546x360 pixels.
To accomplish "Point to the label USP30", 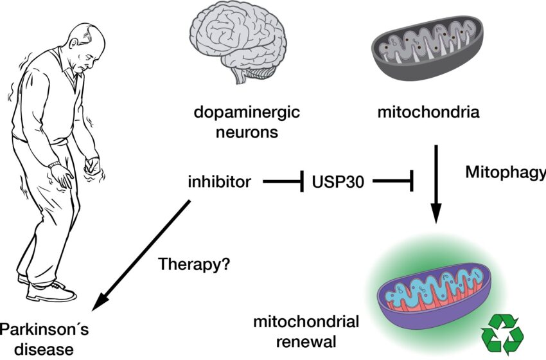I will point(338,182).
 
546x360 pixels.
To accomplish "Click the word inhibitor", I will point(219,182).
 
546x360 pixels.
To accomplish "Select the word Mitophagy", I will point(505,172).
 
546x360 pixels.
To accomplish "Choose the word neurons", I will point(247,133).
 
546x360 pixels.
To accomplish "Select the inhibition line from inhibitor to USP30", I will point(283,183).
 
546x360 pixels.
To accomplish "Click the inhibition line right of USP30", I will point(392,183).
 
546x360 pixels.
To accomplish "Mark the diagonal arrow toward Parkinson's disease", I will point(141,251).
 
